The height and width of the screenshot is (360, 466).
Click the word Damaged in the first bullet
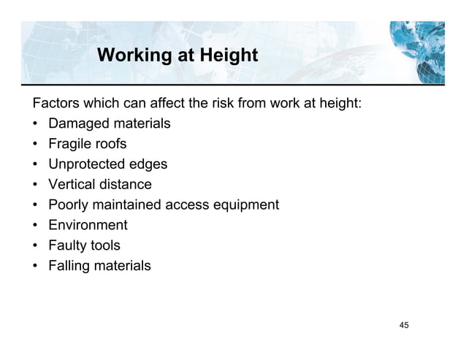(78, 123)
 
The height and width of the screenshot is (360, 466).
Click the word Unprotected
(87, 164)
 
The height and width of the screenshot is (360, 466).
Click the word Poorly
(69, 205)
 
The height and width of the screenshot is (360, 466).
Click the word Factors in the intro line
(53, 103)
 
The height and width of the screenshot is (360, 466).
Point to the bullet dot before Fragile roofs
(34, 144)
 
